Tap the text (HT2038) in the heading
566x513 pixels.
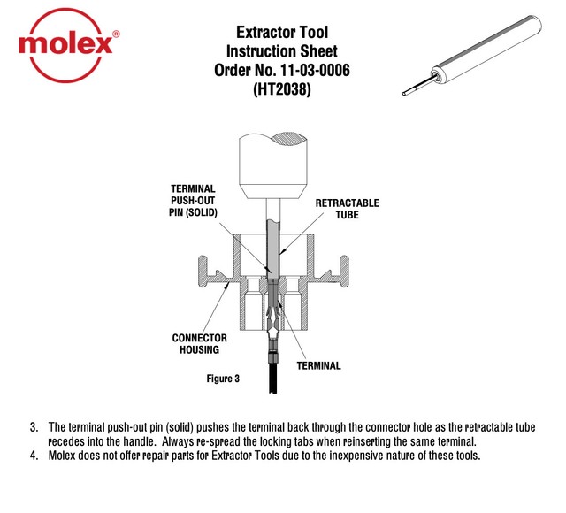click(x=280, y=89)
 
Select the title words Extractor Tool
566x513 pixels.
click(x=280, y=33)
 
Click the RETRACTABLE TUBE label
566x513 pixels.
click(x=347, y=208)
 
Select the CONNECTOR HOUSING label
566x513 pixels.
click(x=199, y=343)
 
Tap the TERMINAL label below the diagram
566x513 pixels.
click(x=318, y=365)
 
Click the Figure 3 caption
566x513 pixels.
click(x=223, y=379)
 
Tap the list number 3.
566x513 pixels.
click(x=34, y=426)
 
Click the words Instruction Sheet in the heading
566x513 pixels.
click(x=280, y=51)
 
